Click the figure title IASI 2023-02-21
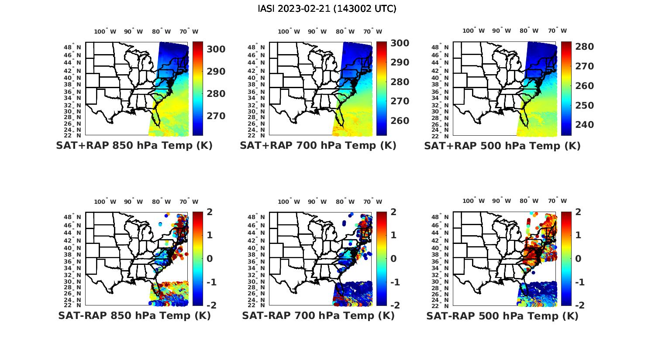[327, 9]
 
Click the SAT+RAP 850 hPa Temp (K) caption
[134, 146]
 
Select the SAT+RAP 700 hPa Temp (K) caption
[318, 146]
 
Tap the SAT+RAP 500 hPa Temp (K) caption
[502, 146]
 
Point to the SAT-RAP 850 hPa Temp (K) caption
[134, 315]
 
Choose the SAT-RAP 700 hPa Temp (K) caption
[318, 315]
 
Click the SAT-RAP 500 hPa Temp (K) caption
[502, 316]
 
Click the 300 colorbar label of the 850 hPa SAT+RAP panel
[216, 49]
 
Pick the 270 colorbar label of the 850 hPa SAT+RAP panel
[216, 116]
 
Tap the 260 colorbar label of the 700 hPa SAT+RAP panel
[400, 121]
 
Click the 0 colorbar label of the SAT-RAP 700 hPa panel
[393, 259]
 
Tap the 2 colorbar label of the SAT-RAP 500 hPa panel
[577, 212]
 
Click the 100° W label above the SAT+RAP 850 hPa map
[105, 31]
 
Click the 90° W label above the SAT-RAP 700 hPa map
[317, 202]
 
